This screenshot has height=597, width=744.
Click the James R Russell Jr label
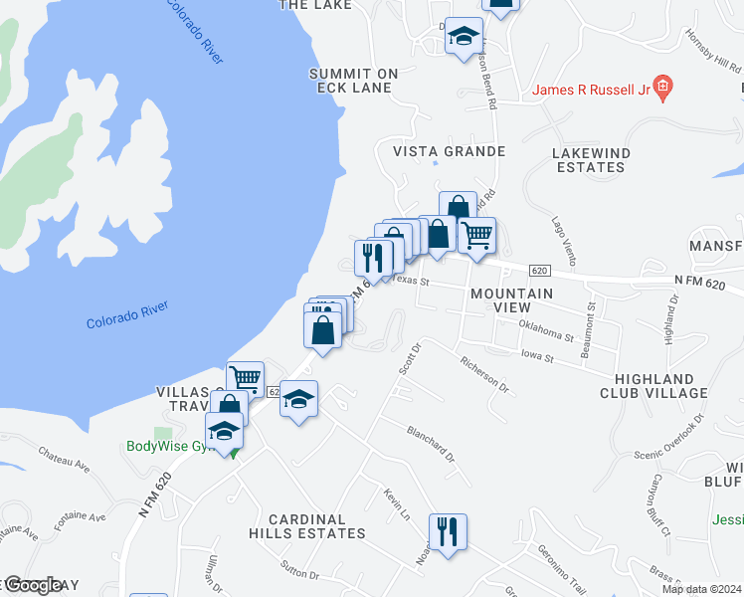pyautogui.click(x=591, y=90)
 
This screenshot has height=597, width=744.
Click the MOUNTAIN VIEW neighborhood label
pyautogui.click(x=511, y=300)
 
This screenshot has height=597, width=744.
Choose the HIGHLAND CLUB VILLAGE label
pyautogui.click(x=660, y=386)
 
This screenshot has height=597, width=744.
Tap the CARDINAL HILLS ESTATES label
pyautogui.click(x=317, y=526)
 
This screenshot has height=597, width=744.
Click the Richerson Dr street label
pyautogui.click(x=484, y=375)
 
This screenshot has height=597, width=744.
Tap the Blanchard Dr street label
pyautogui.click(x=430, y=444)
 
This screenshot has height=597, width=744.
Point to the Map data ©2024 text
pyautogui.click(x=701, y=589)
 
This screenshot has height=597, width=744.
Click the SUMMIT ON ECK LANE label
pyautogui.click(x=353, y=81)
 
